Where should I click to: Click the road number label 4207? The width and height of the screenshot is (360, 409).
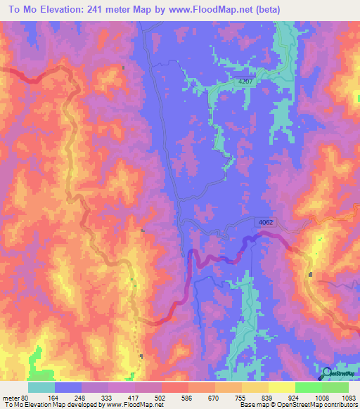pos(244,82)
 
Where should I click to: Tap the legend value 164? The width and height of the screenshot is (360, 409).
pos(53,397)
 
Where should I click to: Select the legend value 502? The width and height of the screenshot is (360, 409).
pos(162,397)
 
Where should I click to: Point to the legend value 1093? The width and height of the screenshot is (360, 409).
pos(349,397)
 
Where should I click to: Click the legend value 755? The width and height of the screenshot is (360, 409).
pos(243,397)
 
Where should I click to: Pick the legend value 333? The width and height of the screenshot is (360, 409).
pos(108,397)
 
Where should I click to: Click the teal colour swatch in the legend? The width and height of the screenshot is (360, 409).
pos(41,387)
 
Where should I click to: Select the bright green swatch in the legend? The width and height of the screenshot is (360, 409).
pos(309,387)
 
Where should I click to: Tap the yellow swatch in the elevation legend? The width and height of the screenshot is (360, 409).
pos(281,387)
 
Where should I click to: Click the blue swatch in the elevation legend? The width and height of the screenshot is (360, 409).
pos(68,387)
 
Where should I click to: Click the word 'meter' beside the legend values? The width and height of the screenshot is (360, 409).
pos(11,397)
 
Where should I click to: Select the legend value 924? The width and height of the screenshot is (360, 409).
pos(295,397)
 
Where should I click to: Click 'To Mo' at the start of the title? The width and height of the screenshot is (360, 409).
pos(20,9)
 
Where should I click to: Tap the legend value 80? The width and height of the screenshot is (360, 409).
pos(27,397)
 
